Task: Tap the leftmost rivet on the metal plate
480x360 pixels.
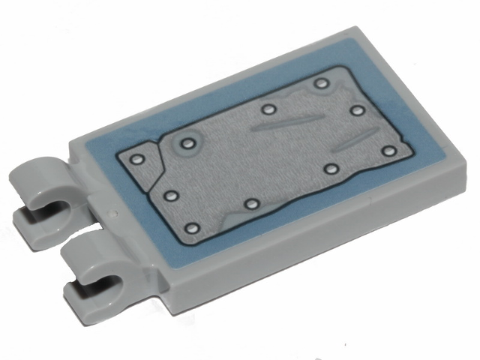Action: tap(136, 159)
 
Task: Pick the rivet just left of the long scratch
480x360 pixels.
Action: tap(268, 109)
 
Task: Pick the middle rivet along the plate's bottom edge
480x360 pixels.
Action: tap(252, 203)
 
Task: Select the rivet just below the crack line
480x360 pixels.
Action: tap(169, 196)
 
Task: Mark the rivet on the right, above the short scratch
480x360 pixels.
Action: tap(357, 110)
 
